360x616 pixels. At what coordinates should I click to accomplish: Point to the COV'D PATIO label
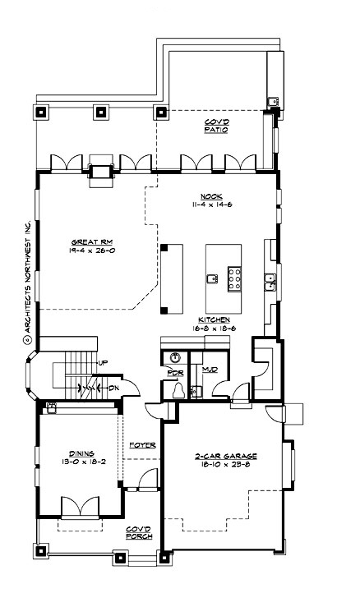click(216, 126)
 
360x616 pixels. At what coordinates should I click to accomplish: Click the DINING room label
click(81, 453)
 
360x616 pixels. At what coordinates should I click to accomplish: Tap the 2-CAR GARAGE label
click(222, 456)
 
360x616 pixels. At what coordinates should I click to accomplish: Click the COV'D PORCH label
click(138, 534)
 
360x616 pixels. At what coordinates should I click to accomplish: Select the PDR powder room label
click(173, 372)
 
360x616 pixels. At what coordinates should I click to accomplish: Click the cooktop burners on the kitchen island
click(233, 279)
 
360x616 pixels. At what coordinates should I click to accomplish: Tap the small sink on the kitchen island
click(212, 279)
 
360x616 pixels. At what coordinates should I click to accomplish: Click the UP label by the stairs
click(102, 362)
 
